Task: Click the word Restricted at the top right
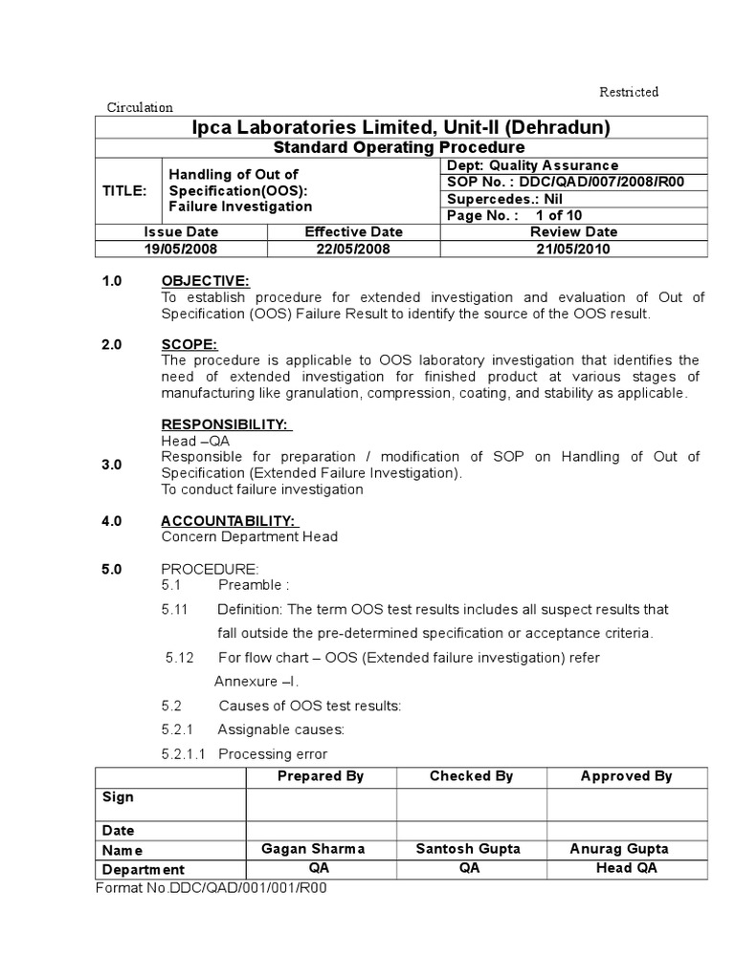629,92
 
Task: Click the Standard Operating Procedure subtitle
399,147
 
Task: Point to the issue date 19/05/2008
181,249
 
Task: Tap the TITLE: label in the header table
125,190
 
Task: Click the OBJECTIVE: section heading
205,280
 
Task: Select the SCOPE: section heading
189,344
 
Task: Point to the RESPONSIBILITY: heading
227,424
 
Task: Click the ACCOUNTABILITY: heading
230,520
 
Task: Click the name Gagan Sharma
313,849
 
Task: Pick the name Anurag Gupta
619,849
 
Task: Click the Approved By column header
626,776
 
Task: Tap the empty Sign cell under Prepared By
321,804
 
